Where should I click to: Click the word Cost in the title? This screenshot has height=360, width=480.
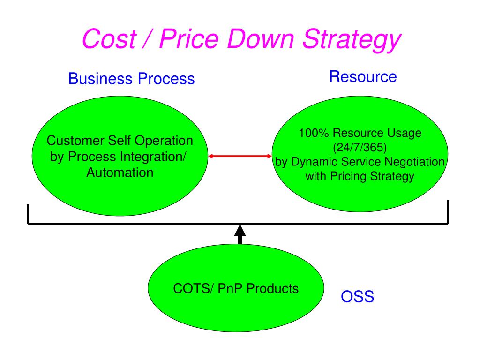click(x=109, y=39)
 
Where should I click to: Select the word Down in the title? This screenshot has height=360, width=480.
click(x=261, y=39)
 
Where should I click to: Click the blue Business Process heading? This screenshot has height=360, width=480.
click(x=131, y=78)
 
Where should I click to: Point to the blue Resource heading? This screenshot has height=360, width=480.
click(x=363, y=76)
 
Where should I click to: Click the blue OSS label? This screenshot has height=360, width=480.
click(x=358, y=296)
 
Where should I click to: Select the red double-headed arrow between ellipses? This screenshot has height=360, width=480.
click(x=240, y=156)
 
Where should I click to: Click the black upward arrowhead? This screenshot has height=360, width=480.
click(x=240, y=231)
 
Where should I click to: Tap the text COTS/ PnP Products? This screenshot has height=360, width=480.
click(x=236, y=288)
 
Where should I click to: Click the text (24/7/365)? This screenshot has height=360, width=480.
click(x=360, y=148)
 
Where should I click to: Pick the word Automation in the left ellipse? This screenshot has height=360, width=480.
click(x=120, y=172)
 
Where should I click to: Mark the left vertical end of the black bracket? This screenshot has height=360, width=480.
click(x=28, y=214)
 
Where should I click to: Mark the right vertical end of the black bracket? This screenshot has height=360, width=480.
click(x=448, y=212)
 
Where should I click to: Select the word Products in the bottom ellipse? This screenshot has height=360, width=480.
click(x=272, y=288)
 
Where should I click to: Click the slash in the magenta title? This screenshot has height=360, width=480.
click(x=148, y=39)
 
